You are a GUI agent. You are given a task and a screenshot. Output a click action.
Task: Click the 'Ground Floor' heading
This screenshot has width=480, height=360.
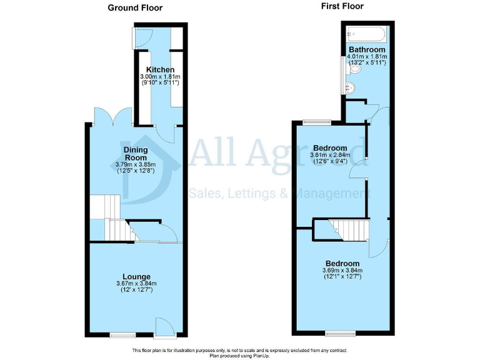click(x=135, y=8)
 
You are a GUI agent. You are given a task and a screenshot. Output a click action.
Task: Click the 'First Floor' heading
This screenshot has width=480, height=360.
click(x=342, y=6)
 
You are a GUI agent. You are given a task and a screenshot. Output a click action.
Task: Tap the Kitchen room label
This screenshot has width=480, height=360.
click(x=160, y=69)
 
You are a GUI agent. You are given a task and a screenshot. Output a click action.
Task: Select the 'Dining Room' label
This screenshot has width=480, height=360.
click(x=136, y=154)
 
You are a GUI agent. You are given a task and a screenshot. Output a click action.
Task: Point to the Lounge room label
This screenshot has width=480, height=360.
click(x=136, y=276)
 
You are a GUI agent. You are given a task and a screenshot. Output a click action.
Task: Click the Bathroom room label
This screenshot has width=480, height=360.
click(x=367, y=49)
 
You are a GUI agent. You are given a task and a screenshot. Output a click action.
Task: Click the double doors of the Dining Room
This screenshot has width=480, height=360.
click(x=107, y=116)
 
